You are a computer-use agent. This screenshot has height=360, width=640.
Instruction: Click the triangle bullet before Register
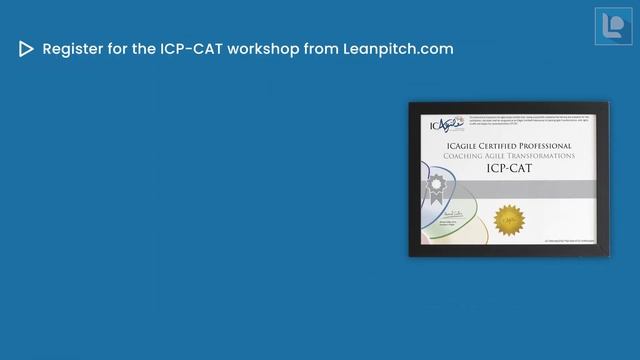pyautogui.click(x=26, y=49)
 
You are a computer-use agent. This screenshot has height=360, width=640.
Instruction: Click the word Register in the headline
pyautogui.click(x=73, y=49)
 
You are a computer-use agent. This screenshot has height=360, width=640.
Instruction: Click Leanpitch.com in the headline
pyautogui.click(x=398, y=49)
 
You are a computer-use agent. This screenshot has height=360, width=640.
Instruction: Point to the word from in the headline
pyautogui.click(x=320, y=49)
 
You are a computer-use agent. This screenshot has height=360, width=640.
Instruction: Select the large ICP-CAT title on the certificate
pyautogui.click(x=510, y=169)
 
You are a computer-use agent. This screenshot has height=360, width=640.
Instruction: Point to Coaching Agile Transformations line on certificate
pyautogui.click(x=510, y=156)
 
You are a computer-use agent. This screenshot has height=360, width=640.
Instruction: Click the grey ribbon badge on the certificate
pyautogui.click(x=436, y=184)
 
